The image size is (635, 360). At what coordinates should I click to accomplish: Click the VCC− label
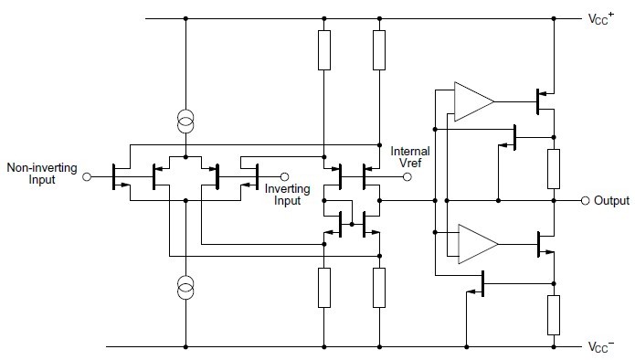(x=606, y=348)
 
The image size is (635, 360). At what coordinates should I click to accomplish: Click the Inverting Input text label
(x=288, y=195)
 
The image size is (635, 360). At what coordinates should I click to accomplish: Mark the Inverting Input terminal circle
(x=283, y=177)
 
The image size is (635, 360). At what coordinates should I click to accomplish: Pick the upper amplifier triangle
(x=472, y=101)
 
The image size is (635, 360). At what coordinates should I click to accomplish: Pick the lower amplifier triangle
(x=475, y=243)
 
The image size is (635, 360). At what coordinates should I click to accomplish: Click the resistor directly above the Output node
(x=554, y=168)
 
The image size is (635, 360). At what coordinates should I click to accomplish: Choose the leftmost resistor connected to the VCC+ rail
(x=323, y=51)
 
